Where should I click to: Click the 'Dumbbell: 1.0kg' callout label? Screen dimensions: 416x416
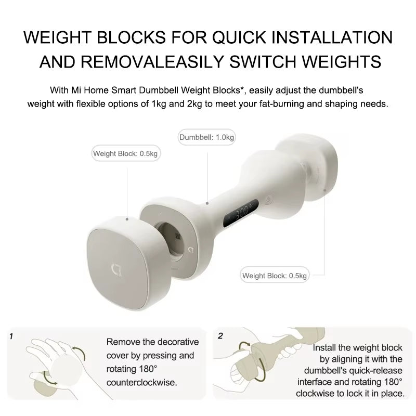pos(207,138)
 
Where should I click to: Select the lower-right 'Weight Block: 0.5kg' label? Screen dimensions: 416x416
pos(275,275)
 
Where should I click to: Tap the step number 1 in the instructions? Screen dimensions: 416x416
pos(11,336)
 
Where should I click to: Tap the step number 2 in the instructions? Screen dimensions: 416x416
pos(220,336)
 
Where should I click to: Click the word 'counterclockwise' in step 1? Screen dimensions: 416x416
pos(141,382)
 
